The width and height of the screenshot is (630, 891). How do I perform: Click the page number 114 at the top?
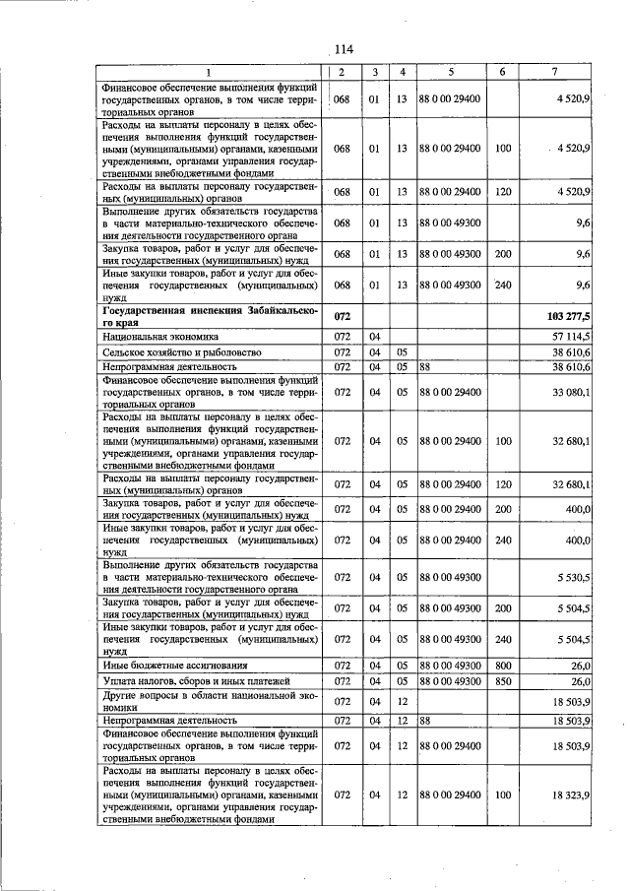(343, 50)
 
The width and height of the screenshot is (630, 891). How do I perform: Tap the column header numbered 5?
(450, 73)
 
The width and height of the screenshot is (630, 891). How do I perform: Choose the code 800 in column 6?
(503, 667)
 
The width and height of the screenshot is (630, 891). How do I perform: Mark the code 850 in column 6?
(503, 681)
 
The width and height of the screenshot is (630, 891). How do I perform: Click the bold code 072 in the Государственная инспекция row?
(342, 316)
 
